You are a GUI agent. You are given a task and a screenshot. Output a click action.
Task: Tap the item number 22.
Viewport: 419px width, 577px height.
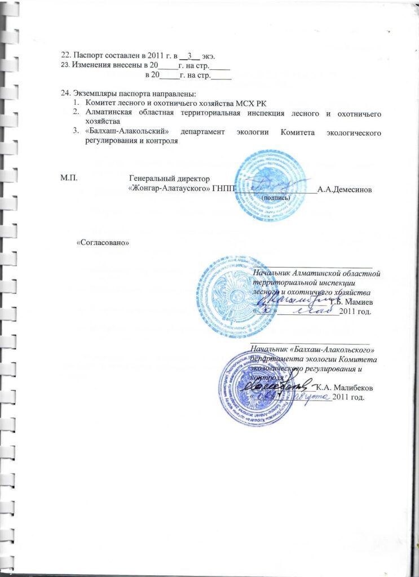click(65, 55)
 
